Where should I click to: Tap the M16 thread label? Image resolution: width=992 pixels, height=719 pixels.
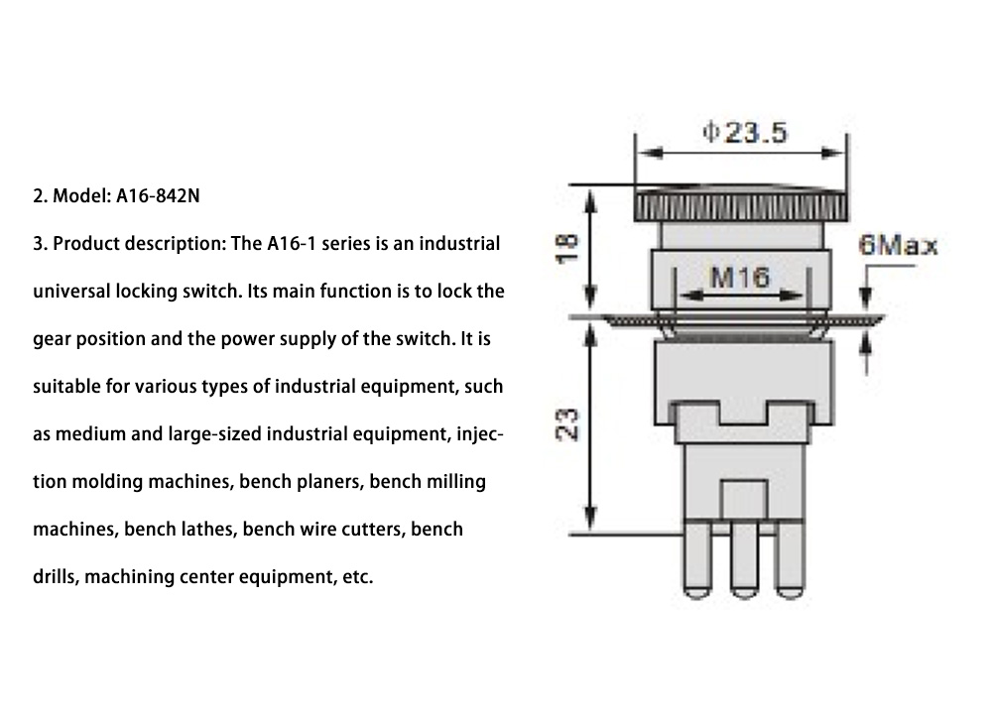tap(741, 277)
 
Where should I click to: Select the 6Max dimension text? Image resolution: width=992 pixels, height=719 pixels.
tap(898, 245)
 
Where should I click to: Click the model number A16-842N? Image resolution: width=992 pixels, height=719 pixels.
tap(159, 196)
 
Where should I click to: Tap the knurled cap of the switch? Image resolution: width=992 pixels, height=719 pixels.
tap(740, 205)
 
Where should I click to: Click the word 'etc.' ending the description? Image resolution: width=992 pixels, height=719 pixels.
tap(357, 577)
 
